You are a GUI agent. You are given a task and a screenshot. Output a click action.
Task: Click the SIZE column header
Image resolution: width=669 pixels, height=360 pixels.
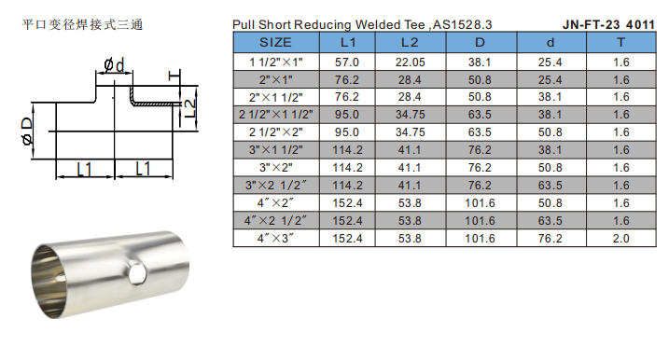click(275, 42)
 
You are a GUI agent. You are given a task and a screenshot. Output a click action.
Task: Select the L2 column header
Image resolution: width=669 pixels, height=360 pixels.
click(410, 42)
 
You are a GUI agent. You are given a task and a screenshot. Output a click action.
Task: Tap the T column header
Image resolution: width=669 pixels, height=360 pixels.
click(620, 42)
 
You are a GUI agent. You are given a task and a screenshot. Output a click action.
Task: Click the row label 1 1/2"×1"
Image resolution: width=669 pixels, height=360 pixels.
click(275, 62)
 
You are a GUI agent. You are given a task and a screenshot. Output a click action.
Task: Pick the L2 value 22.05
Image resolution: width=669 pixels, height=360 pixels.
click(410, 62)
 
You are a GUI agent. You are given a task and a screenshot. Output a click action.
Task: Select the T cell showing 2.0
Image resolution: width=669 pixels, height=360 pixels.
click(620, 239)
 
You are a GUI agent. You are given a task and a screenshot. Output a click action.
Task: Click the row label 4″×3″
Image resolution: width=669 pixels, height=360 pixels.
click(275, 239)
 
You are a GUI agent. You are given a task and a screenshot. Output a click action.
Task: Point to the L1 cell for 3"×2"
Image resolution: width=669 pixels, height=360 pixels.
click(347, 168)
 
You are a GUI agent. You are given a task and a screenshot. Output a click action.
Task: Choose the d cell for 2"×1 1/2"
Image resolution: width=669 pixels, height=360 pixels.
click(550, 97)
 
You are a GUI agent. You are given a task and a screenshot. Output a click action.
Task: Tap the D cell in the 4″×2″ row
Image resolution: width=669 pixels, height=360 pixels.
click(480, 203)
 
